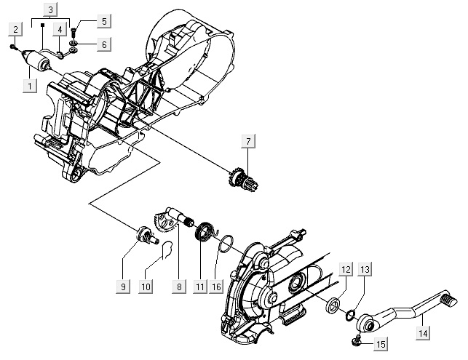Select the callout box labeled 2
(x=15, y=29)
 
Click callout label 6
(x=103, y=44)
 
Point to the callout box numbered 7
(x=248, y=142)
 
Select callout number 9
(x=123, y=287)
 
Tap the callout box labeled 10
(x=146, y=287)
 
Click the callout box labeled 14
(x=424, y=333)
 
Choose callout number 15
(x=381, y=343)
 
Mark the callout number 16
(x=216, y=287)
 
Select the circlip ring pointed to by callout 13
(x=351, y=315)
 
